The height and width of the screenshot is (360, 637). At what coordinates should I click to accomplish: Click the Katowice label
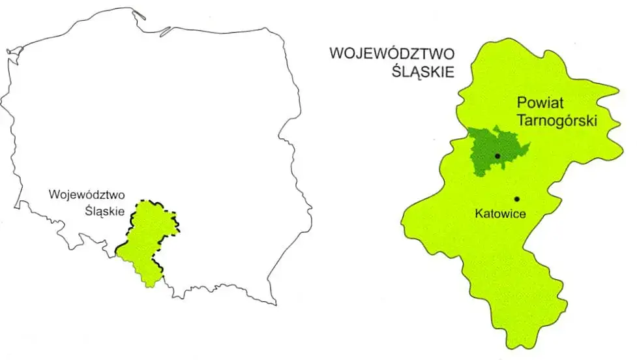coord(501,213)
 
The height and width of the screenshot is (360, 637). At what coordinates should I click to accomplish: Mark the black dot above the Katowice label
coord(516,198)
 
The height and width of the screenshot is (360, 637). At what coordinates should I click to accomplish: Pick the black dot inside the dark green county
coord(497,156)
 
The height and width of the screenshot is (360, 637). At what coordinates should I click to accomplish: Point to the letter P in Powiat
coord(521,103)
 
